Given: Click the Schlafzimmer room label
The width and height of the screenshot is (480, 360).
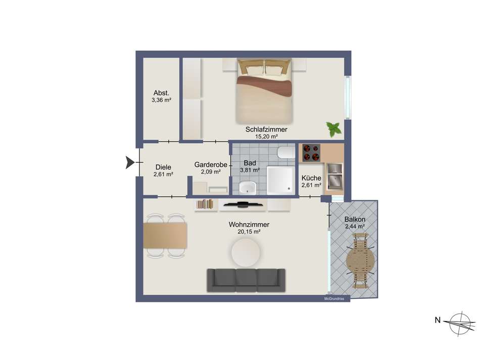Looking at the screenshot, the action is pyautogui.click(x=266, y=129).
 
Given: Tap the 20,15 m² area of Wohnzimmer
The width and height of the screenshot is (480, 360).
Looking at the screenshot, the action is pyautogui.click(x=249, y=232).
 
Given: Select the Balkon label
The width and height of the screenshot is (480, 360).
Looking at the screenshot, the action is pyautogui.click(x=355, y=219).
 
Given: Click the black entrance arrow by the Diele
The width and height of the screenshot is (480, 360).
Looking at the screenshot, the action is pyautogui.click(x=130, y=162).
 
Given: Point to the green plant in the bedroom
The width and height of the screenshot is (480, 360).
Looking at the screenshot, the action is pyautogui.click(x=333, y=129).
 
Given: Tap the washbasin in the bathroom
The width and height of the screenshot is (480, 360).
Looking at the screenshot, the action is pyautogui.click(x=248, y=188).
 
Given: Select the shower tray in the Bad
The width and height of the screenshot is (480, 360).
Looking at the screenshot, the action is pyautogui.click(x=280, y=180).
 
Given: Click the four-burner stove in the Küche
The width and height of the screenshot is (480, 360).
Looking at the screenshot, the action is pyautogui.click(x=311, y=153).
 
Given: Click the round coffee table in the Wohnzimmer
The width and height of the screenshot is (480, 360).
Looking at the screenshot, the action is pyautogui.click(x=246, y=253).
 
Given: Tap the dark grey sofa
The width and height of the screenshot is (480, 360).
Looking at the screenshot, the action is pyautogui.click(x=246, y=280).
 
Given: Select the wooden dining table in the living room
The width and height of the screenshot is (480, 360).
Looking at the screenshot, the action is pyautogui.click(x=165, y=235).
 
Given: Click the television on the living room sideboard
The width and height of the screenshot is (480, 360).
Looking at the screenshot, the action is pyautogui.click(x=243, y=204).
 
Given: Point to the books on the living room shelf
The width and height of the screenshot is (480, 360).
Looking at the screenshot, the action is pyautogui.click(x=205, y=204).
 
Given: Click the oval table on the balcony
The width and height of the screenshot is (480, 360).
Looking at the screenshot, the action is pyautogui.click(x=360, y=261).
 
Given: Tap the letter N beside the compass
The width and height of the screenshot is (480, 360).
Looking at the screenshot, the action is pyautogui.click(x=438, y=320).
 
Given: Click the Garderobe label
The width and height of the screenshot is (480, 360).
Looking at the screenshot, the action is pyautogui.click(x=211, y=164).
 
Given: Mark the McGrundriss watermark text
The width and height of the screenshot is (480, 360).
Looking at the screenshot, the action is pyautogui.click(x=334, y=299).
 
